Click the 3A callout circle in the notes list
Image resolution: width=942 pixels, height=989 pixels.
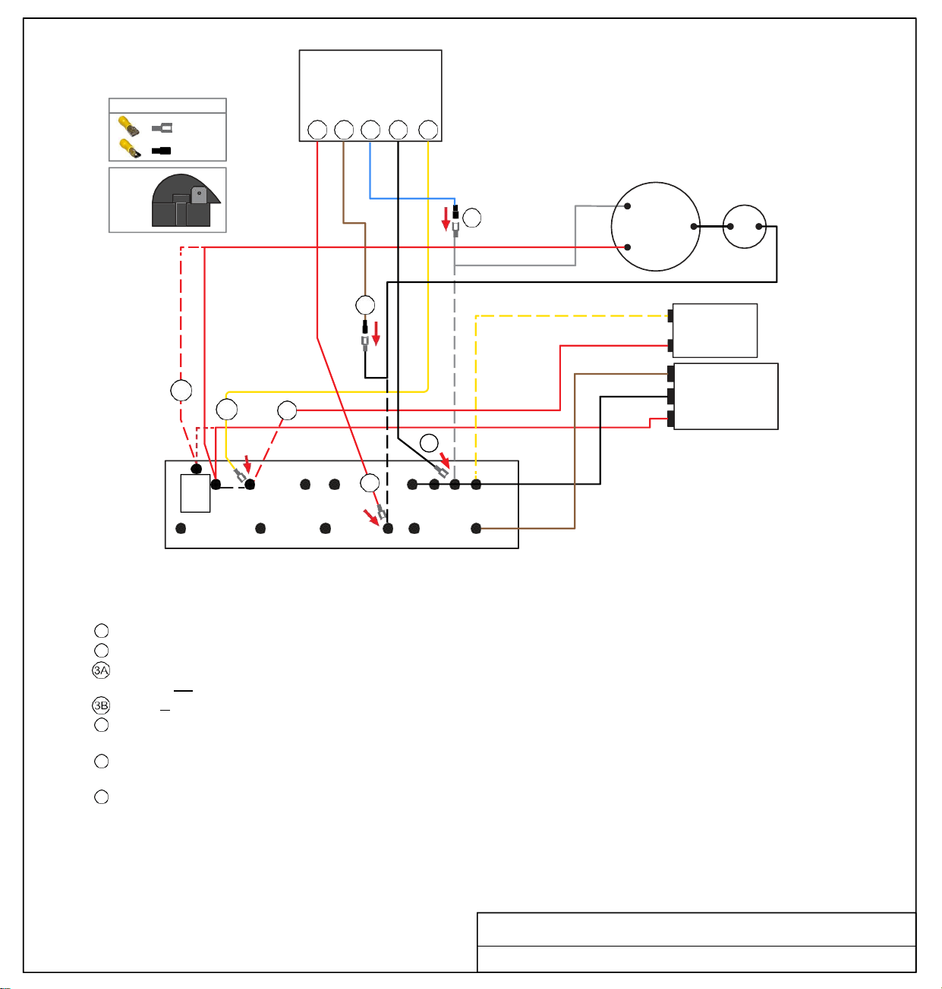101,670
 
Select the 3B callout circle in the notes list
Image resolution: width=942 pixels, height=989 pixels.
101,705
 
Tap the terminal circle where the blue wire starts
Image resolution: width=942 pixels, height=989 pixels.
370,130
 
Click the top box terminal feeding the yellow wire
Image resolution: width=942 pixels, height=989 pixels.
428,130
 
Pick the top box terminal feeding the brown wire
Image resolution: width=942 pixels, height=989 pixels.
344,130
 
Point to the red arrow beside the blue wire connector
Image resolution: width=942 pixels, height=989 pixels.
446,219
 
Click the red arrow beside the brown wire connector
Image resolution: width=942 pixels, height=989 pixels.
376,334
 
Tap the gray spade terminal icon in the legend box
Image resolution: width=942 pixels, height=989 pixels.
162,128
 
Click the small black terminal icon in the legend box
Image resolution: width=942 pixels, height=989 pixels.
161,150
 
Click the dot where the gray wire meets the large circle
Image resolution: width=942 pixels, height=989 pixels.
627,206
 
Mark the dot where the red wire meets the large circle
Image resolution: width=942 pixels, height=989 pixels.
627,247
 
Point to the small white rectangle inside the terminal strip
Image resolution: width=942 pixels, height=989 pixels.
195,493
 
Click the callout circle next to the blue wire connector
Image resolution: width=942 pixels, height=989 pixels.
471,218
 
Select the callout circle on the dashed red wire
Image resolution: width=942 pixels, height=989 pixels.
181,391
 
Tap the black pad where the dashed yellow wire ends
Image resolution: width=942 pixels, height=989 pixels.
670,316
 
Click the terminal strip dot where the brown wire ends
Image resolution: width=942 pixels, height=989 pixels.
476,528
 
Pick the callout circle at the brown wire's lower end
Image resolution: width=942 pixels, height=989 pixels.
365,305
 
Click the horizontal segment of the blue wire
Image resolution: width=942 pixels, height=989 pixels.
412,198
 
